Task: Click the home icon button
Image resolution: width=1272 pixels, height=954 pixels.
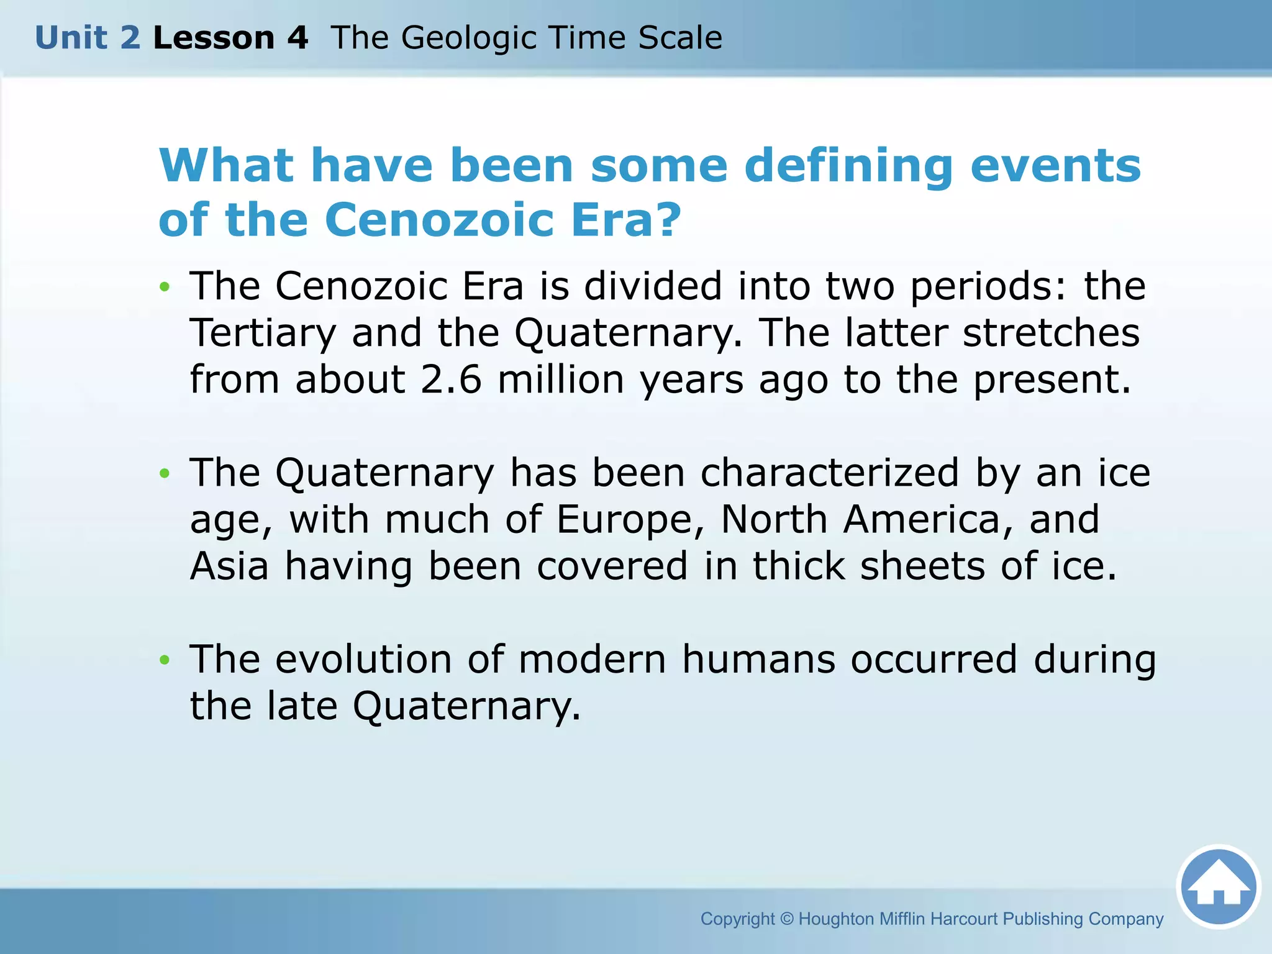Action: (1219, 887)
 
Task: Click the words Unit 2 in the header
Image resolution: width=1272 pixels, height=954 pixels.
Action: (88, 38)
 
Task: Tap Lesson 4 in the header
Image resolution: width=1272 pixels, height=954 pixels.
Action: (230, 38)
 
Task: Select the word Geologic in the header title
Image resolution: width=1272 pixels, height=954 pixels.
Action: (469, 38)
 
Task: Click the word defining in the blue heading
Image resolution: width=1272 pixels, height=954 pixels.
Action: (848, 166)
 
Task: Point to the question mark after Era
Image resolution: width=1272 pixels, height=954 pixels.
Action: (670, 220)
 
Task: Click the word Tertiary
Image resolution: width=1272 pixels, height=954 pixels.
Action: (263, 333)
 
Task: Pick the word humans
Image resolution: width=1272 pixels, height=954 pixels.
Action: (758, 659)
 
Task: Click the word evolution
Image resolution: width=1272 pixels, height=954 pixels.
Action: (363, 659)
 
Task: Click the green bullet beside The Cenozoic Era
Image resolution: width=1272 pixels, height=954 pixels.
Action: (165, 287)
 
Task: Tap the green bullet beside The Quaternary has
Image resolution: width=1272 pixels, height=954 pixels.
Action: (165, 473)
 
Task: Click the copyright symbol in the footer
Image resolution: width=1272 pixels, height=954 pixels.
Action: (787, 919)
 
